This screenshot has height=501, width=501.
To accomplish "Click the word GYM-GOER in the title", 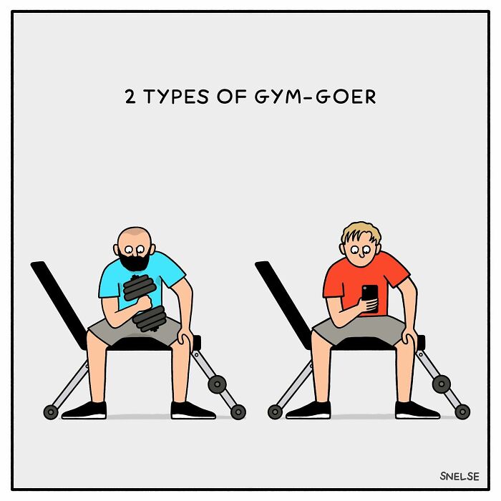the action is pyautogui.click(x=316, y=97).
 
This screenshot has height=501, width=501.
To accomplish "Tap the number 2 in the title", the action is pyautogui.click(x=130, y=97).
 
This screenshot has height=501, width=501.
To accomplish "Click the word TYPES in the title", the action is pyautogui.click(x=176, y=97).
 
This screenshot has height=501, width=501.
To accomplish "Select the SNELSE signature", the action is pyautogui.click(x=459, y=476).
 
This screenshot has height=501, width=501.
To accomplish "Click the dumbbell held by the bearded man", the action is pyautogui.click(x=145, y=303).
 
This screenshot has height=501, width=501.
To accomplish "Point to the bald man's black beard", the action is pyautogui.click(x=135, y=261).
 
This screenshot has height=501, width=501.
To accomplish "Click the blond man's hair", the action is pyautogui.click(x=361, y=233).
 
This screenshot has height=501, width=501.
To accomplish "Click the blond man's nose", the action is pyautogui.click(x=361, y=255).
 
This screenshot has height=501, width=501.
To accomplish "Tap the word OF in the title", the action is pyautogui.click(x=232, y=97).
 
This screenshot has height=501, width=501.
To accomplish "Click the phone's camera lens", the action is pyautogui.click(x=365, y=288).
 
